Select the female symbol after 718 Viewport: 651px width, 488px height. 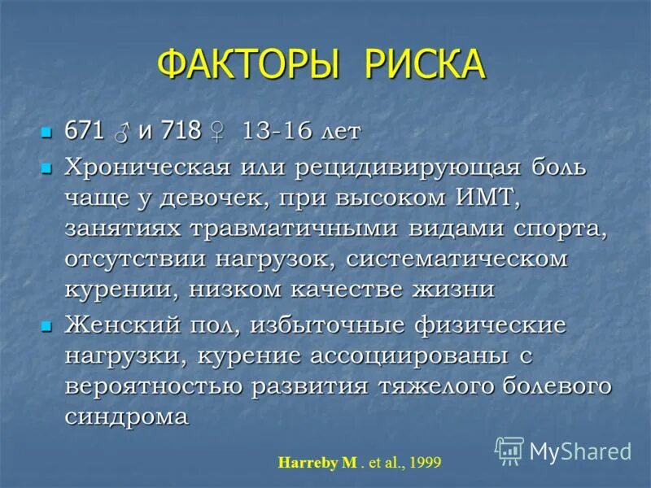tap(217, 132)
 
